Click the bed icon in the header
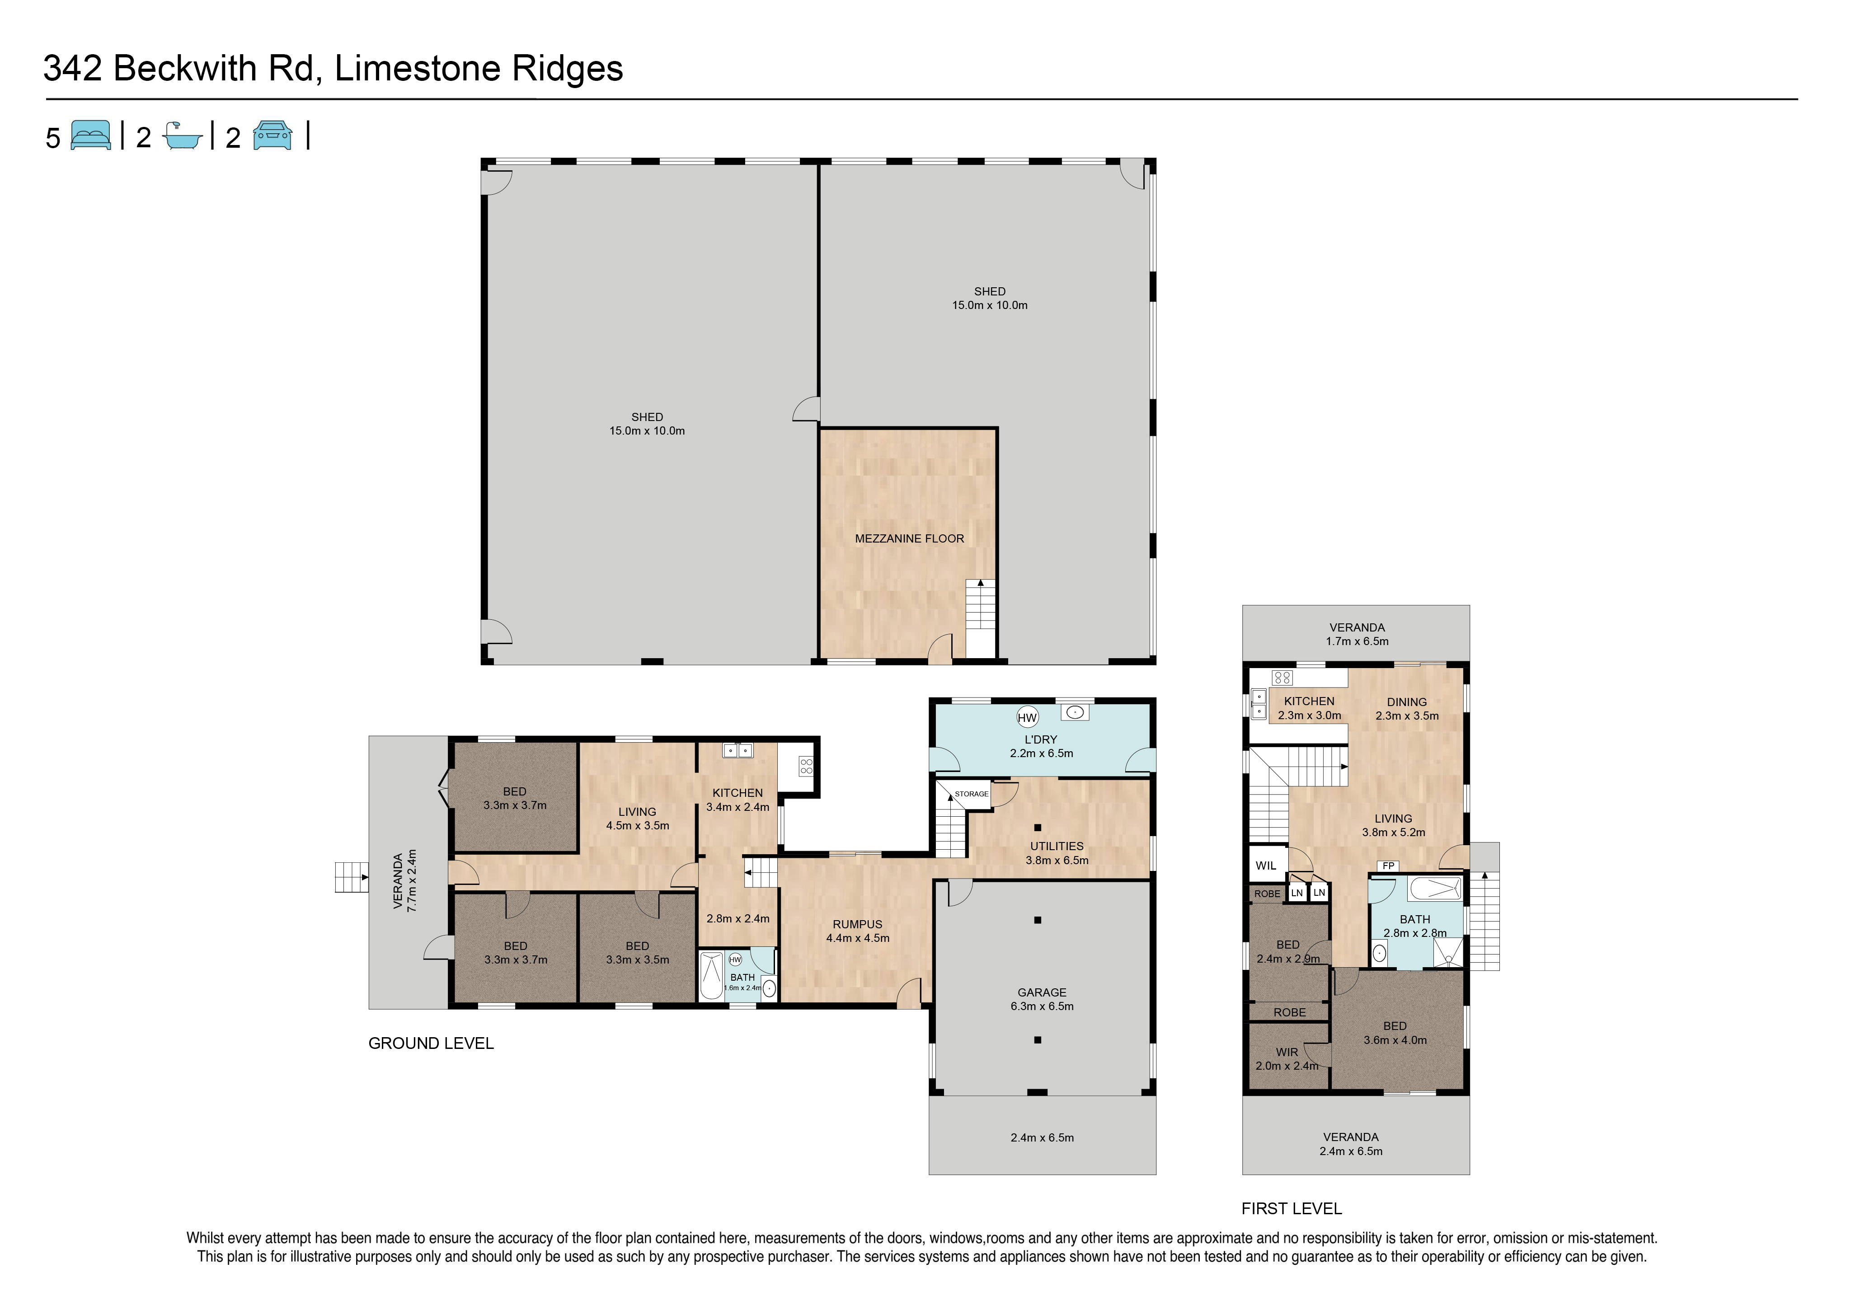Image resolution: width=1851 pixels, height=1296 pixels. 91,136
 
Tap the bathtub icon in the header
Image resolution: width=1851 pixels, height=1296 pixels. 182,136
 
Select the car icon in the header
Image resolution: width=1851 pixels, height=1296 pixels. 272,136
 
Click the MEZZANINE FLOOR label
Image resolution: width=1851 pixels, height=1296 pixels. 909,538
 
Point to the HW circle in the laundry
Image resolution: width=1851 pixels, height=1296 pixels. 1027,717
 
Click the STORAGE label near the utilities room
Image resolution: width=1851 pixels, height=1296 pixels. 972,794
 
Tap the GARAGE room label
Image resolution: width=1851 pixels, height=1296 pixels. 1042,992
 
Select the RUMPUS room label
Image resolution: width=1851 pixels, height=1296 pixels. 858,924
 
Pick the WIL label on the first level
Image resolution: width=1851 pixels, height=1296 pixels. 1266,866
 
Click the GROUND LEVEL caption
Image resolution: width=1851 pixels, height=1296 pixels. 431,1043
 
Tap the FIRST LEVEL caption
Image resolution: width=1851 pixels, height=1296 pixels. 1292,1209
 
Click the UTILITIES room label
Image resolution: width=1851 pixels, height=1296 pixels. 1057,846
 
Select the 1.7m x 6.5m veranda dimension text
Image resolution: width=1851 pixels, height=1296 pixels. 1358,641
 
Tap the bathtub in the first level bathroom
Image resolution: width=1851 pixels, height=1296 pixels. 1435,889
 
